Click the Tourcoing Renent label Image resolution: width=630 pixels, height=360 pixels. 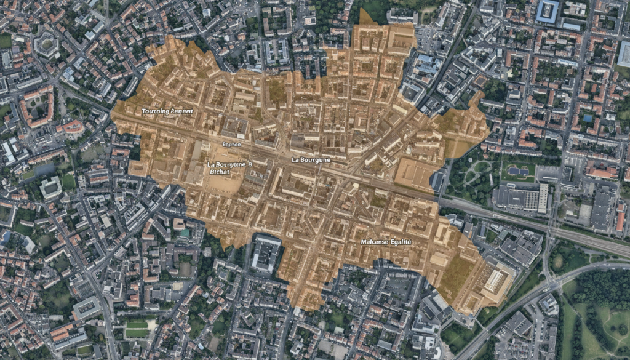point(167,111)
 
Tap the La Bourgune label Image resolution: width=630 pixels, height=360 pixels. point(311,160)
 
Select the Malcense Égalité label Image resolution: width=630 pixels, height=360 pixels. point(386,242)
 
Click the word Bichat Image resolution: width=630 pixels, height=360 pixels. point(218,172)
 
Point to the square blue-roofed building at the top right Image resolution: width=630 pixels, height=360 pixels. point(547,11)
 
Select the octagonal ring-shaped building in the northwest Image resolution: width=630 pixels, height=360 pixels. point(46,44)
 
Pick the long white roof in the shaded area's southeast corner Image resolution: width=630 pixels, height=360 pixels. point(496,280)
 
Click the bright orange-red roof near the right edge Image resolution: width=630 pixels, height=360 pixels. point(620,221)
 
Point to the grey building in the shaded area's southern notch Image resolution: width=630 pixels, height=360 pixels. point(266,253)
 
